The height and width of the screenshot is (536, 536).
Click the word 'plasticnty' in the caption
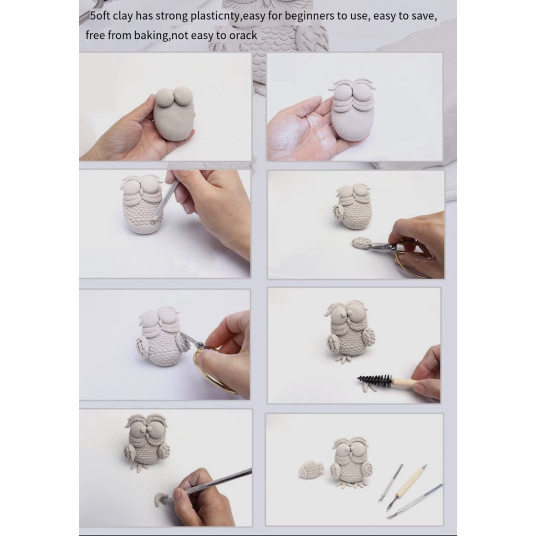click(216, 16)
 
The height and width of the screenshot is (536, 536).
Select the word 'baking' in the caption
click(151, 36)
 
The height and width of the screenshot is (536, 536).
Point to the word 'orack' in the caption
click(243, 36)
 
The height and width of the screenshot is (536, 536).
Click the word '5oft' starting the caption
click(100, 16)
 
